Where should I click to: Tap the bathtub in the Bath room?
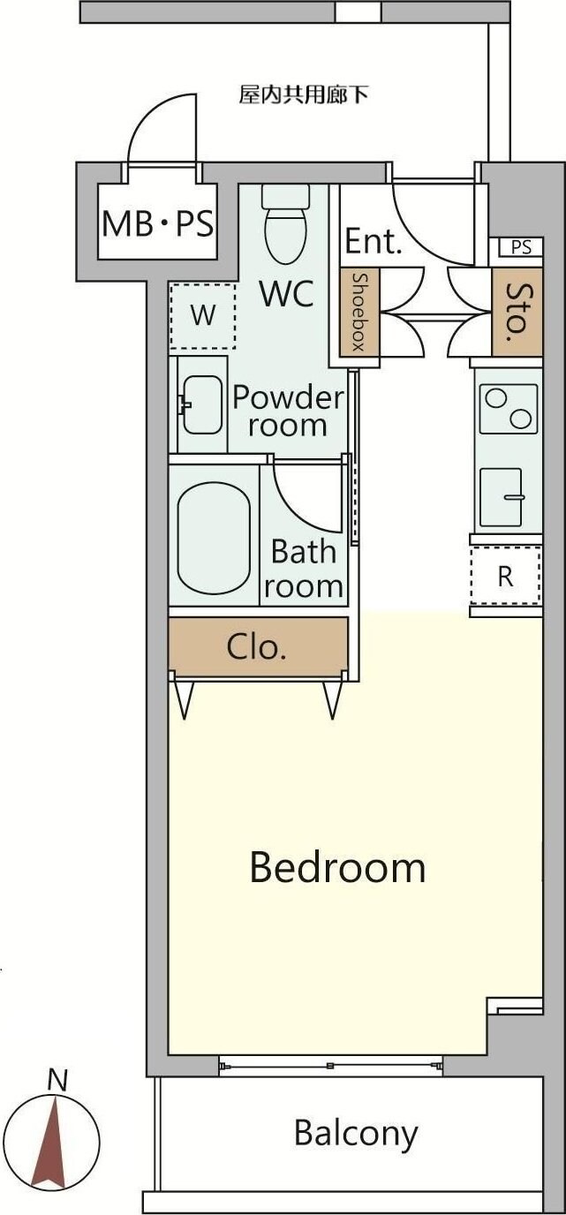(x=214, y=538)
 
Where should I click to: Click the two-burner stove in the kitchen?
(x=509, y=409)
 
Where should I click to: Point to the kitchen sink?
(x=501, y=497)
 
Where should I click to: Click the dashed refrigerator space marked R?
(x=506, y=576)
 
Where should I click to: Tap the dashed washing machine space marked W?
(x=202, y=315)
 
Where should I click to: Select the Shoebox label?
(x=358, y=312)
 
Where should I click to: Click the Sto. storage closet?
(x=517, y=312)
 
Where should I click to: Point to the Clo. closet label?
(x=256, y=646)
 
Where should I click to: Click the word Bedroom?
(x=337, y=867)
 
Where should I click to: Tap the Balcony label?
(x=356, y=1132)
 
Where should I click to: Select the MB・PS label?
(x=157, y=223)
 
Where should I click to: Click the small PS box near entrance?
(x=520, y=247)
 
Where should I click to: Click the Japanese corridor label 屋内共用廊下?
(x=304, y=95)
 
